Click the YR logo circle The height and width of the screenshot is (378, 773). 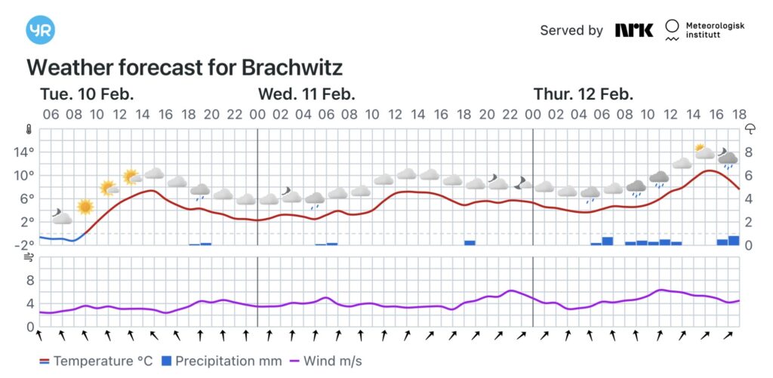coord(40,30)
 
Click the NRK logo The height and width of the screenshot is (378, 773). coord(633,30)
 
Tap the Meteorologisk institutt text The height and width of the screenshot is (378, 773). coord(714,30)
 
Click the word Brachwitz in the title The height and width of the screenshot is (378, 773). coord(292,68)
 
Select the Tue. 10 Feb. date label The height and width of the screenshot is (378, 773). coord(87,94)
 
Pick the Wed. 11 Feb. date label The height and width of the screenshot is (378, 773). coord(306,94)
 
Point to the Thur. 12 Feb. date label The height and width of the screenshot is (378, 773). coord(584,94)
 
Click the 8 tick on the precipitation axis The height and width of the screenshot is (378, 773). coord(750,152)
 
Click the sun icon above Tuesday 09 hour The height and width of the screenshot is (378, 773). coord(85,206)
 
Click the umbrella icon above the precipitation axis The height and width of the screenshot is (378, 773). coord(750,129)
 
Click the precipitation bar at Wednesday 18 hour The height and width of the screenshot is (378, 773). coord(470,242)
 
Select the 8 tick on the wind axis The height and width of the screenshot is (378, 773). coord(30,280)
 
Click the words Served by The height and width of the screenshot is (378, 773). coord(571,30)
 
